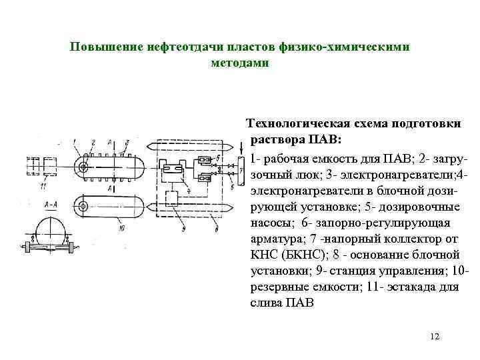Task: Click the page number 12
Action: [435, 336]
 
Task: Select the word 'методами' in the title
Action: [239, 63]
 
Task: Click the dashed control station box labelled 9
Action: [172, 197]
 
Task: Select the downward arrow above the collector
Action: [238, 145]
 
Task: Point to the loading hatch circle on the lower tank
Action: [85, 204]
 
